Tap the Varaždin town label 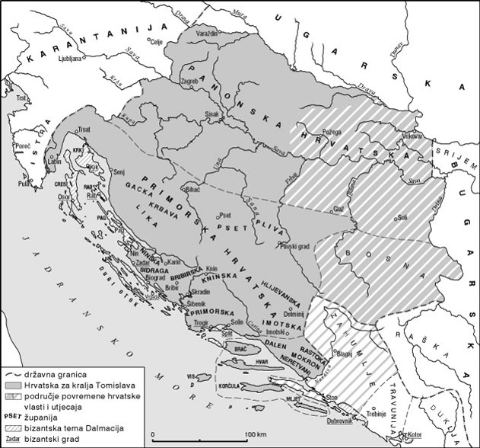coord(208,34)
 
